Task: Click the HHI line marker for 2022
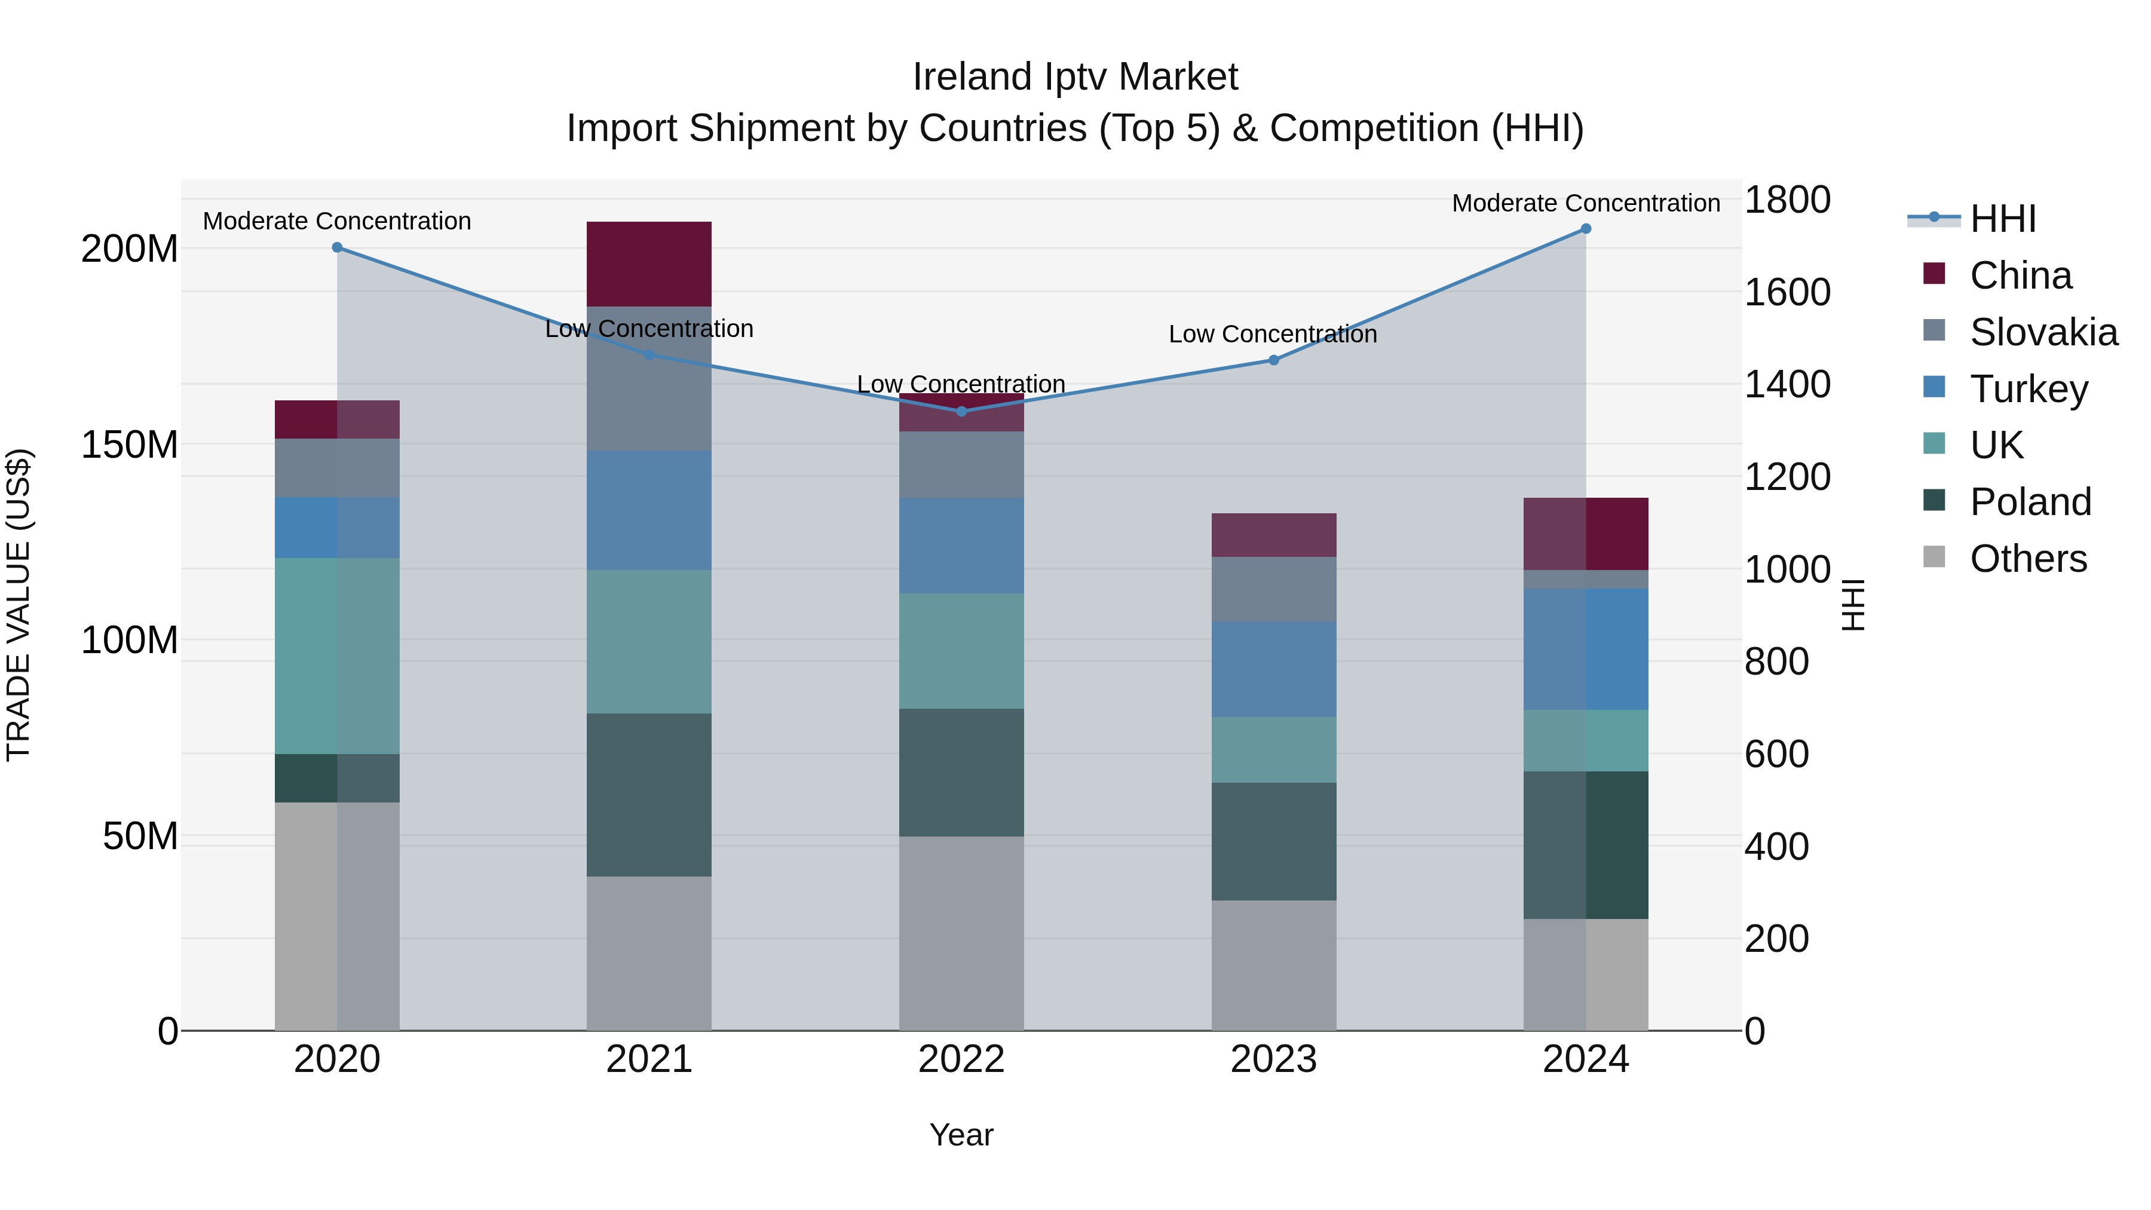[961, 411]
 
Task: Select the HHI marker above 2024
[1586, 229]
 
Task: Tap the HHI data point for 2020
[338, 247]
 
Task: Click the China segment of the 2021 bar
[649, 264]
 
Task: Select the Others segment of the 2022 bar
[961, 933]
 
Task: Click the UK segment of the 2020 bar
[338, 655]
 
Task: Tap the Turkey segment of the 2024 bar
[1586, 649]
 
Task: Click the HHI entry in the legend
[2002, 219]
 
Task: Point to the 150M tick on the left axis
[130, 445]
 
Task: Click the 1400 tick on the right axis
[1787, 385]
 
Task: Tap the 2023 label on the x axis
[1273, 1059]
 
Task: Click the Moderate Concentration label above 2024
[1586, 203]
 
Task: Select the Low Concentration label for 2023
[1273, 334]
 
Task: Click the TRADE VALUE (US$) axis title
[19, 605]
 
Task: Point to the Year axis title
[961, 1135]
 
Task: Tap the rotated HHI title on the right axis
[1853, 605]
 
